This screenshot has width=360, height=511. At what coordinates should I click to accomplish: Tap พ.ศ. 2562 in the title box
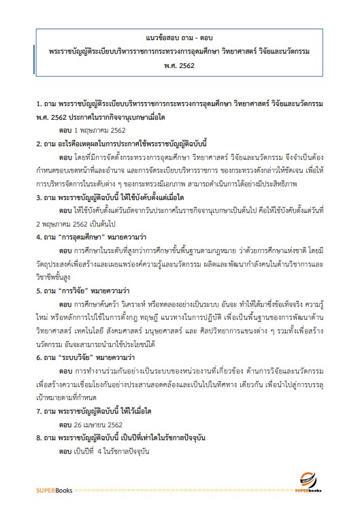[179, 68]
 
